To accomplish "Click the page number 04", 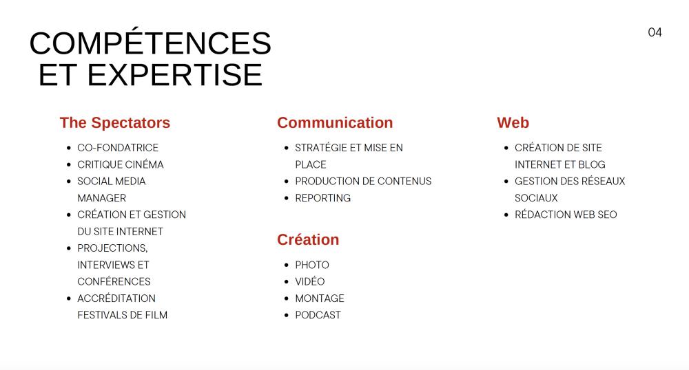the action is point(655,32).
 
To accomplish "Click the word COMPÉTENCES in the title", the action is point(150,43).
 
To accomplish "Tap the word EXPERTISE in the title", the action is point(174,75).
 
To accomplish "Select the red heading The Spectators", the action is point(114,122).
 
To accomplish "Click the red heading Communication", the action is point(335,122).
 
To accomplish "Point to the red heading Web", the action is point(513,122).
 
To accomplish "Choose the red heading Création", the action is point(308,239).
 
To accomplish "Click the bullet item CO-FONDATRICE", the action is point(118,148).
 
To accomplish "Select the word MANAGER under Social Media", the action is point(101,198).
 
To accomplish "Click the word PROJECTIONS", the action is point(112,248).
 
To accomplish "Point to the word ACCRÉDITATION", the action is point(116,298).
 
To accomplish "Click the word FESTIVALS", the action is point(104,315).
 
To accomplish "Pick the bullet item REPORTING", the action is point(323,198).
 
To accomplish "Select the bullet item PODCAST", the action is point(318,315).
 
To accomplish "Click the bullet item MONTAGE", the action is point(320,298).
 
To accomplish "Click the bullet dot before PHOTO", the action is point(287,265).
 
